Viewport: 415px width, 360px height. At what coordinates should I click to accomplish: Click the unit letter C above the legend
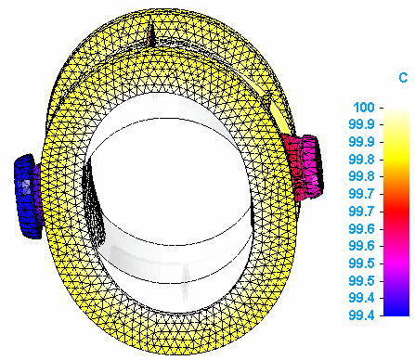click(403, 77)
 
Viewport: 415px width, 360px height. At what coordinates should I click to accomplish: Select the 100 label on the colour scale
click(364, 108)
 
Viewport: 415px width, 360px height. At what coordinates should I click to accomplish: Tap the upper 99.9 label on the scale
click(361, 124)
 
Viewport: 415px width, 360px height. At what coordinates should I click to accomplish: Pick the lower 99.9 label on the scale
click(361, 142)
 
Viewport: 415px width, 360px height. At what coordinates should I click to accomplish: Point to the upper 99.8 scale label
click(361, 160)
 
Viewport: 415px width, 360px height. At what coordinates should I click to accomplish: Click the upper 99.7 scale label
click(361, 194)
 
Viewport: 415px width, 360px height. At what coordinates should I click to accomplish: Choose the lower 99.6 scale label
click(361, 246)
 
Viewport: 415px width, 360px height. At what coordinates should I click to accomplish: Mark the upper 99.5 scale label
click(361, 264)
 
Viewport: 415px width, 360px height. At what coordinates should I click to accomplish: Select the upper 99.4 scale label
click(361, 298)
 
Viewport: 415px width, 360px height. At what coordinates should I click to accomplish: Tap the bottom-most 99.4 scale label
click(361, 315)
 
